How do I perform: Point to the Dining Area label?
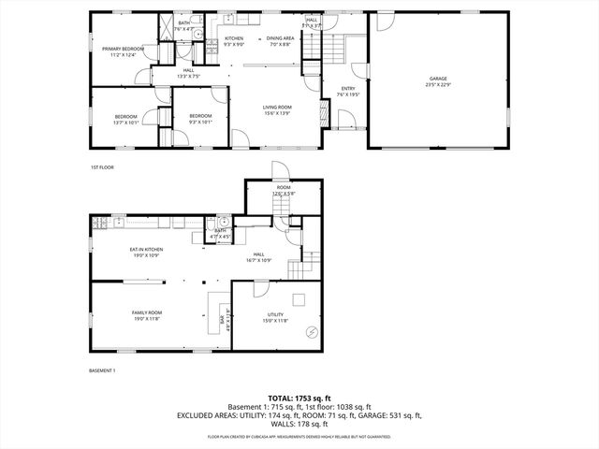point(282,38)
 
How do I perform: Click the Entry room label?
point(347,89)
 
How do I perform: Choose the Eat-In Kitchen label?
point(146,250)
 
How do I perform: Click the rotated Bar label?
point(222,319)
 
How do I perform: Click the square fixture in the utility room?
point(299,299)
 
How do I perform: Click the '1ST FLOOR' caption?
point(102,167)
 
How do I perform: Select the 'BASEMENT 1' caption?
point(102,371)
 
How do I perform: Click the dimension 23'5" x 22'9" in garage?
point(439,85)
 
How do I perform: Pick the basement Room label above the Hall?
point(284,188)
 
